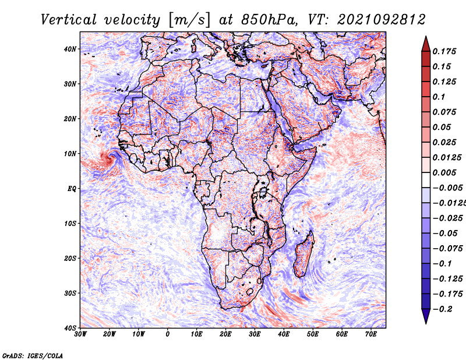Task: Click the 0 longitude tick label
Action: pyautogui.click(x=168, y=334)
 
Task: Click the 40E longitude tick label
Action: pyautogui.click(x=284, y=334)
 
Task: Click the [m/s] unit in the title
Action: pyautogui.click(x=187, y=20)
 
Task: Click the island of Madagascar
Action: pyautogui.click(x=303, y=253)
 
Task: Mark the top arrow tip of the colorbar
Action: pyautogui.click(x=426, y=38)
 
